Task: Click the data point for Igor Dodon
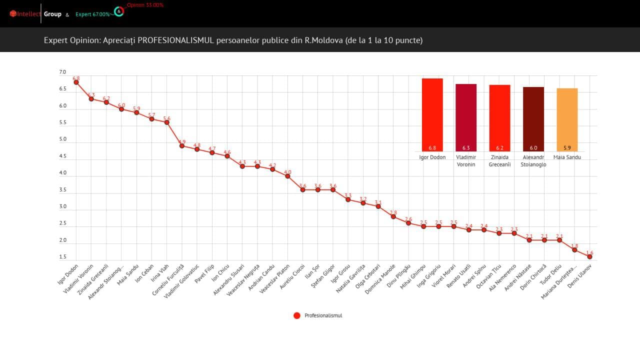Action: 76,82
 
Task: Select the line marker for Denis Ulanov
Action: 589,256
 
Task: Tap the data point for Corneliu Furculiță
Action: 182,145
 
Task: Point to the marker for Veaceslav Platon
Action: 287,176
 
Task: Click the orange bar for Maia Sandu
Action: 567,120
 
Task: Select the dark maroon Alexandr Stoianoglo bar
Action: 533,119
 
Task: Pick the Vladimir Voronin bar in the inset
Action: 466,117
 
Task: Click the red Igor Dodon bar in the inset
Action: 432,115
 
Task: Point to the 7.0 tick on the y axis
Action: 62,72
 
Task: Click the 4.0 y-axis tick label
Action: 62,173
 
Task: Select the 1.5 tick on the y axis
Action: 62,257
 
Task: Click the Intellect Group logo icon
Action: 13,14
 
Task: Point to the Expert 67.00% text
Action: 92,14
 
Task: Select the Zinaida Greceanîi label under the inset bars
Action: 499,160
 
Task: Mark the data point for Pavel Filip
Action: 212,152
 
